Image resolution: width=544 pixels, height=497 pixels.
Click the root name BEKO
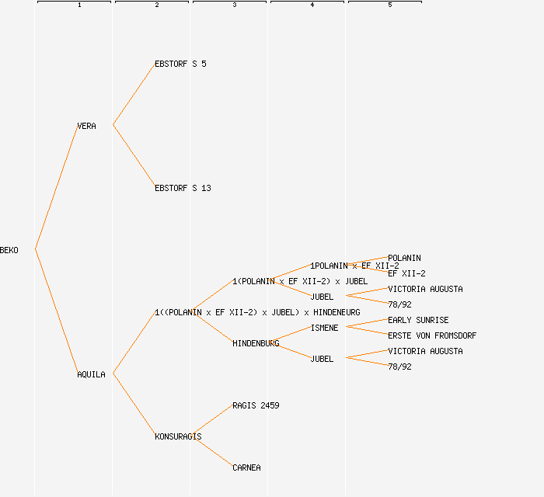pyautogui.click(x=9, y=250)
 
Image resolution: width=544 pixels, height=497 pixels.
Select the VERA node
pyautogui.click(x=86, y=126)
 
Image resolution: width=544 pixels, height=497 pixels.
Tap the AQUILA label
pyautogui.click(x=91, y=374)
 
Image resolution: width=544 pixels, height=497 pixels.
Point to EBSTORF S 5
pyautogui.click(x=180, y=64)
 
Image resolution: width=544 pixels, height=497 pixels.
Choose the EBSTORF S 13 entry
pyautogui.click(x=183, y=188)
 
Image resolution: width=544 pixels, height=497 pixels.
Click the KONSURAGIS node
pyautogui.click(x=178, y=436)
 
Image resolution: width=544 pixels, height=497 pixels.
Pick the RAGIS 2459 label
pyautogui.click(x=256, y=405)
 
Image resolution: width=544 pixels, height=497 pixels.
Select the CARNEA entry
pyautogui.click(x=246, y=467)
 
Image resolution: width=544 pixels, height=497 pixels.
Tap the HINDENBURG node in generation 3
pyautogui.click(x=256, y=343)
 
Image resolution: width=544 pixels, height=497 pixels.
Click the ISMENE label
pyautogui.click(x=324, y=328)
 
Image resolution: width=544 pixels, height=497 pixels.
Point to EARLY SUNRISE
pyautogui.click(x=418, y=320)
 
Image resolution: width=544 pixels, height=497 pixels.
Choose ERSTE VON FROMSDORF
pyautogui.click(x=432, y=335)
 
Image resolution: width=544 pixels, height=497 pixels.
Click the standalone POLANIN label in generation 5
pyautogui.click(x=404, y=258)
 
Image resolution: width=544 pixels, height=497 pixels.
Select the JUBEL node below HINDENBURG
pyautogui.click(x=322, y=359)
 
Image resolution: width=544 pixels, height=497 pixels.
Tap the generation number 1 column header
pyautogui.click(x=78, y=5)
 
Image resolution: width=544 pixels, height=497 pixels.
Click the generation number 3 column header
pyautogui.click(x=234, y=5)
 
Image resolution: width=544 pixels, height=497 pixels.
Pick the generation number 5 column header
pyautogui.click(x=389, y=5)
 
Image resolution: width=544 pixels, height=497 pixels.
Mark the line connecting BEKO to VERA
pyautogui.click(x=56, y=187)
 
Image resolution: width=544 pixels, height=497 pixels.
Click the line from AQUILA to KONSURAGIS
pyautogui.click(x=134, y=405)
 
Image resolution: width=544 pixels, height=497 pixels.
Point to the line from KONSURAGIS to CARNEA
pyautogui.click(x=211, y=452)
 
